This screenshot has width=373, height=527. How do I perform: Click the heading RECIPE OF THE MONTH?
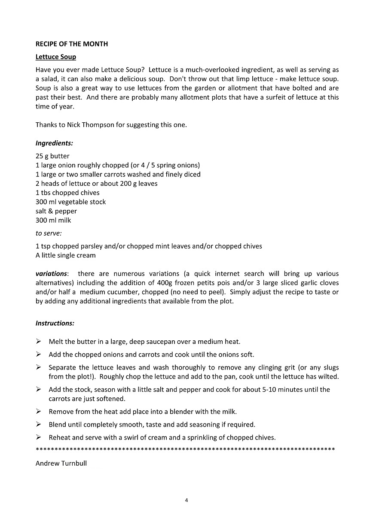pos(71,44)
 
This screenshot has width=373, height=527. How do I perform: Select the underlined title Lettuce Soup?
pos(55,57)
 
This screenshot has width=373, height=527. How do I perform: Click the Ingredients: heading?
pos(54,143)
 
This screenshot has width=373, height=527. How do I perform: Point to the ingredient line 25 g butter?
pos(52,156)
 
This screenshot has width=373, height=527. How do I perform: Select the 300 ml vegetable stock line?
pos(70,202)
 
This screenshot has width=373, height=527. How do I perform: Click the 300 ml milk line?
pos(53,220)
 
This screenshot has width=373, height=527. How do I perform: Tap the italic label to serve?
pos(49,233)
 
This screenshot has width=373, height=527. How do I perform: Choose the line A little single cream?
pos(65,255)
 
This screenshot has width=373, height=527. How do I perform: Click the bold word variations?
pos(51,273)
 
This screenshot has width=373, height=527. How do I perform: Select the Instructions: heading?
pos(55,323)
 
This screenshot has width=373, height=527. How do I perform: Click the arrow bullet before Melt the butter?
pos(38,342)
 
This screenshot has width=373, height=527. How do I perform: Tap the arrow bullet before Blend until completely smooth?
pos(38,424)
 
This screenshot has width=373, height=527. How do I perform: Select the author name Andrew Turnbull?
pos(61,463)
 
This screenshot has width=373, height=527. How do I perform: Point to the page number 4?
pos(186,500)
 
